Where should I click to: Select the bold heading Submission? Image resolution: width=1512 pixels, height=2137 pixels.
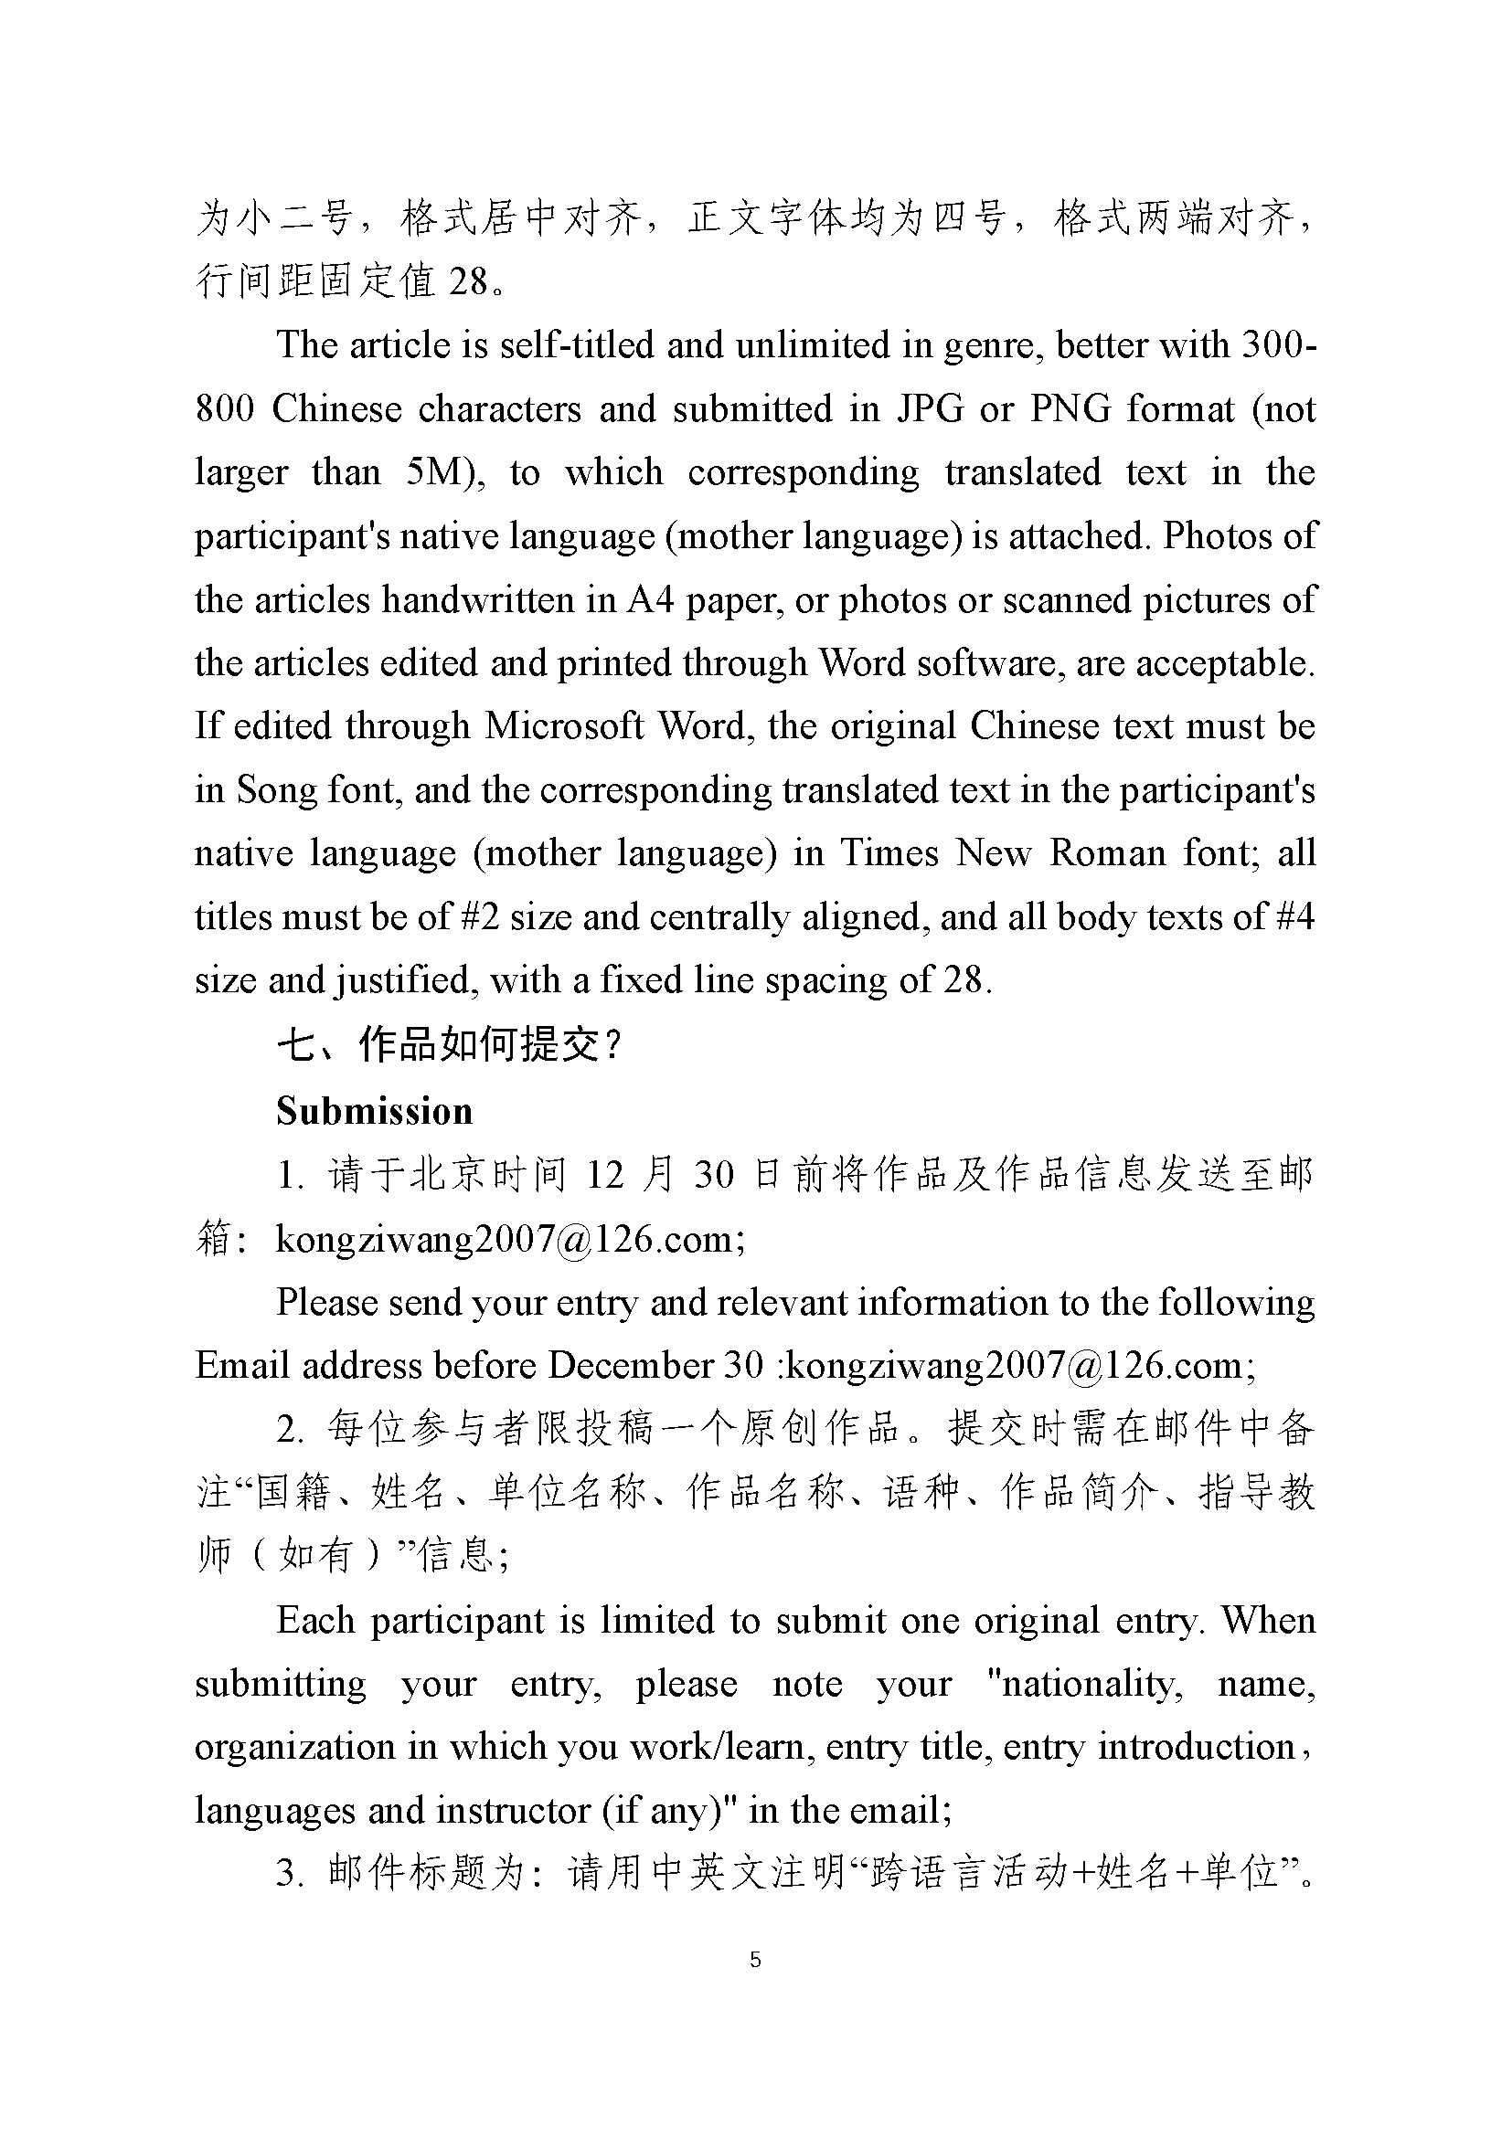(x=374, y=1111)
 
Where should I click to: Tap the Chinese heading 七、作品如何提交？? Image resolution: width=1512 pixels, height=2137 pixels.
(x=449, y=1046)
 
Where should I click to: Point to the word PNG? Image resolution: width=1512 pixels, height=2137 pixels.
(x=1070, y=409)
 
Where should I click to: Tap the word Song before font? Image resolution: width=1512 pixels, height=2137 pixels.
(x=272, y=790)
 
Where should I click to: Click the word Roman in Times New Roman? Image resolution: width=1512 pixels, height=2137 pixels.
(x=1107, y=853)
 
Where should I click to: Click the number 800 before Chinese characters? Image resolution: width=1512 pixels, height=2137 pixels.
(x=224, y=409)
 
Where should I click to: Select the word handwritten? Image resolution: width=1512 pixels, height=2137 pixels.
(x=477, y=600)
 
